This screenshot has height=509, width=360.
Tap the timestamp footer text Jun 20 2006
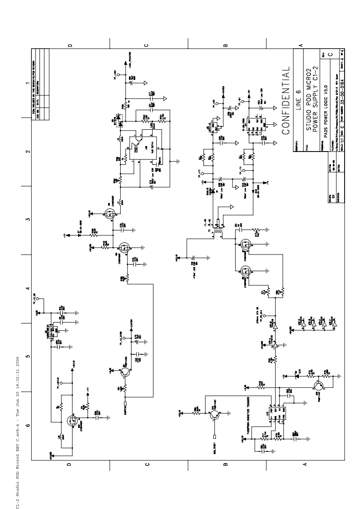(x=19, y=381)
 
